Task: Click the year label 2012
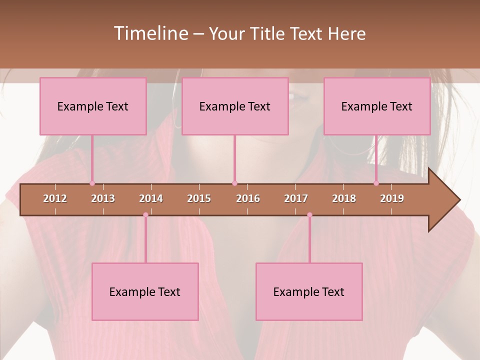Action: pyautogui.click(x=55, y=198)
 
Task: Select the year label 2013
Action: pyautogui.click(x=103, y=198)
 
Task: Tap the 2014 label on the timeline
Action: pyautogui.click(x=151, y=198)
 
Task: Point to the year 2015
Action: pyautogui.click(x=199, y=198)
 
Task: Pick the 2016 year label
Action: pyautogui.click(x=248, y=198)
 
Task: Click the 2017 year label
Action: pyautogui.click(x=296, y=198)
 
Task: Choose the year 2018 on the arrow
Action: pyautogui.click(x=344, y=198)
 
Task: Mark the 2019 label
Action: pyautogui.click(x=392, y=198)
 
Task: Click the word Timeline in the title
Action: pyautogui.click(x=150, y=33)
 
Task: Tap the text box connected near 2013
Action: pyautogui.click(x=93, y=106)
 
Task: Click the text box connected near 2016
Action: pyautogui.click(x=235, y=106)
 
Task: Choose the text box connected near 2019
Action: pyautogui.click(x=377, y=106)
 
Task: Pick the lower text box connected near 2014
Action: pyautogui.click(x=145, y=291)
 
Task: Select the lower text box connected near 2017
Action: pyautogui.click(x=309, y=291)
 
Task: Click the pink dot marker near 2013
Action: pyautogui.click(x=92, y=183)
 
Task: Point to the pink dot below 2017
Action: pyautogui.click(x=309, y=215)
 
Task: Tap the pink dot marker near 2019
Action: pyautogui.click(x=376, y=183)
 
